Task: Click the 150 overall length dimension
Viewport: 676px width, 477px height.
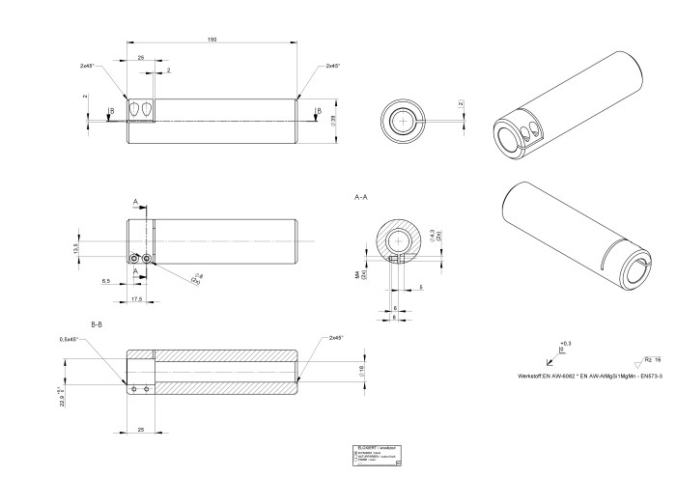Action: tap(211, 39)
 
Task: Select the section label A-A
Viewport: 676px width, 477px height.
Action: tap(362, 197)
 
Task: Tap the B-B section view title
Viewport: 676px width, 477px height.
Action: tap(97, 323)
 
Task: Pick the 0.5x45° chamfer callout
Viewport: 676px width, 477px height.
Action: tap(69, 339)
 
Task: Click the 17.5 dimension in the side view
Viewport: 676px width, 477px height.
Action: tap(139, 299)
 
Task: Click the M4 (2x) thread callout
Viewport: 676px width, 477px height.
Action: tap(357, 276)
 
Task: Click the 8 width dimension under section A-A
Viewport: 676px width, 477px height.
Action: tap(395, 315)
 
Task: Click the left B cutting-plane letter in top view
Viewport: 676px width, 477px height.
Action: tap(112, 110)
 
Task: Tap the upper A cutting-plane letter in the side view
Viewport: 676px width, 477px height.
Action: tap(135, 203)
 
